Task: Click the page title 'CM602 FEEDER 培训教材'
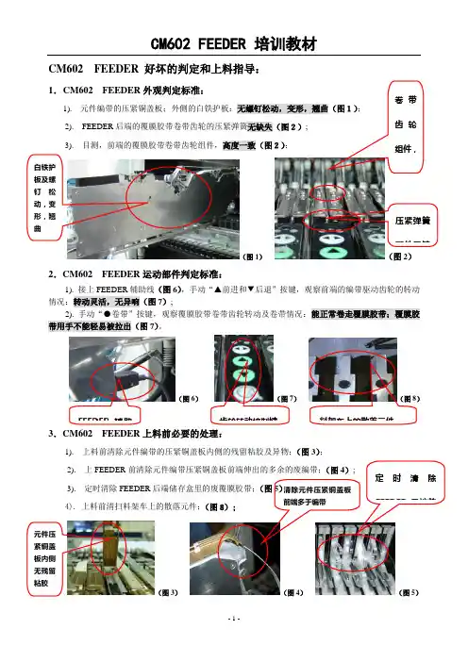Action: [x=234, y=44]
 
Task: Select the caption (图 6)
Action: [x=189, y=400]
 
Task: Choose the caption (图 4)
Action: [x=292, y=618]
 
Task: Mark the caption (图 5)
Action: [x=410, y=618]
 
